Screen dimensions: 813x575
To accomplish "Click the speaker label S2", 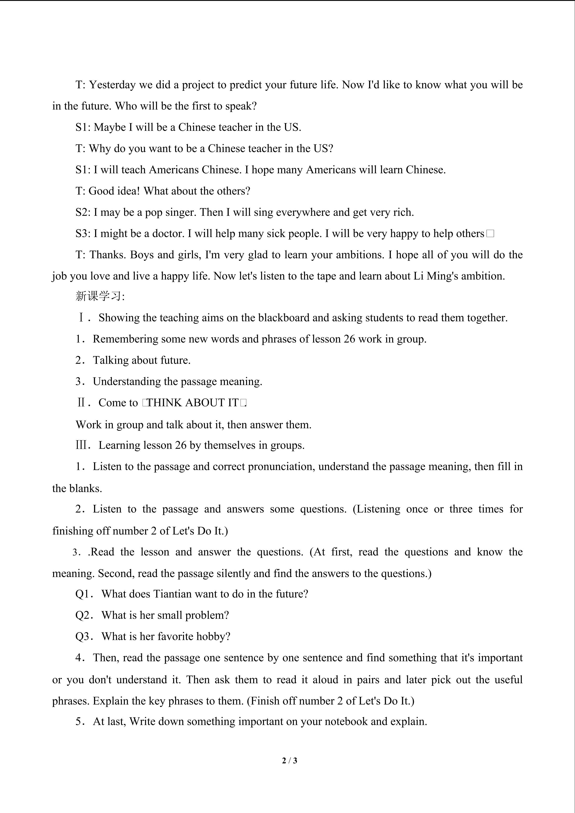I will (83, 212).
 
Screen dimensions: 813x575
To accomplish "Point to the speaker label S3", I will (83, 234).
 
